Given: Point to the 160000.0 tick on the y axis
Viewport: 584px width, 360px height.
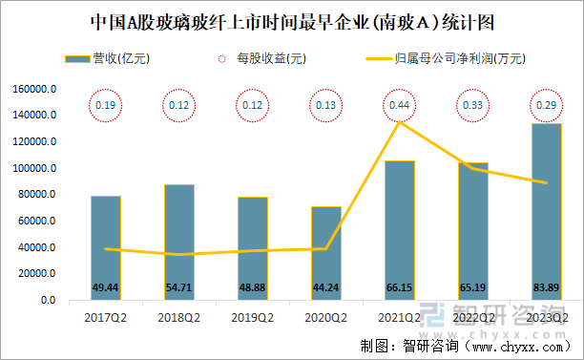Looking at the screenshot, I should tap(35, 89).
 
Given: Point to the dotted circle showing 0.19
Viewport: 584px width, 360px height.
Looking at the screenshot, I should tap(106, 104).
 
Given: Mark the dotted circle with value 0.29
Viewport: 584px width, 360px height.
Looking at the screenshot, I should tap(546, 104).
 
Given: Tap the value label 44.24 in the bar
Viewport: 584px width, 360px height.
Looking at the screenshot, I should tap(326, 286).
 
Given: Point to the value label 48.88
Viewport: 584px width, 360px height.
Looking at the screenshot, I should tap(253, 286).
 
